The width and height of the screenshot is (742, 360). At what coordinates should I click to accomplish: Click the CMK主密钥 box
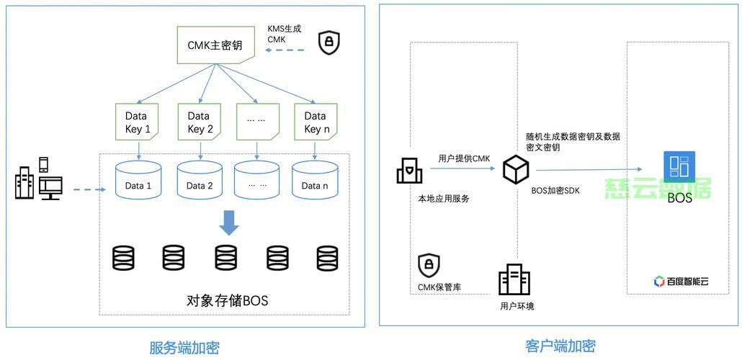(x=215, y=45)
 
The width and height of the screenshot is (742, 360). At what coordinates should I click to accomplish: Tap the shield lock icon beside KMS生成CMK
(x=329, y=43)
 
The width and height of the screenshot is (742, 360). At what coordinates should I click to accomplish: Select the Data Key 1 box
(x=136, y=122)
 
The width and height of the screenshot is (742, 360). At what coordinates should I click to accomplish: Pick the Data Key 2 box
(x=200, y=122)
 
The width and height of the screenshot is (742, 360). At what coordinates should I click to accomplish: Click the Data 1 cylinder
(x=138, y=179)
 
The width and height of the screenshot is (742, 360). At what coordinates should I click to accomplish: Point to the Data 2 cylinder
(x=200, y=179)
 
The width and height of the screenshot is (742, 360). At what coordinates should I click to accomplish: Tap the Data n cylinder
(x=315, y=179)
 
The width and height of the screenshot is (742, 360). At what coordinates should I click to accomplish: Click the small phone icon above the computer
(x=43, y=164)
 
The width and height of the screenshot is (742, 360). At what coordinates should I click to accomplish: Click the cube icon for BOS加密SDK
(x=515, y=169)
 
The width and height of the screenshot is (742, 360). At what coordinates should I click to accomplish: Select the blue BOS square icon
(x=679, y=166)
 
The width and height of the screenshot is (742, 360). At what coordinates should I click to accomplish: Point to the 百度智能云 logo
(x=681, y=282)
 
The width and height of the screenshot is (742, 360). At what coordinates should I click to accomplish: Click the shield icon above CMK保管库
(x=429, y=266)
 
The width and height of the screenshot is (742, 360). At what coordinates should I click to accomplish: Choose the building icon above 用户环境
(x=514, y=279)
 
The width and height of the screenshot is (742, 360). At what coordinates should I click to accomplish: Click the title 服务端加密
(x=184, y=348)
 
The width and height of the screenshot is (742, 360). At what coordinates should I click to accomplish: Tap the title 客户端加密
(x=560, y=346)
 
